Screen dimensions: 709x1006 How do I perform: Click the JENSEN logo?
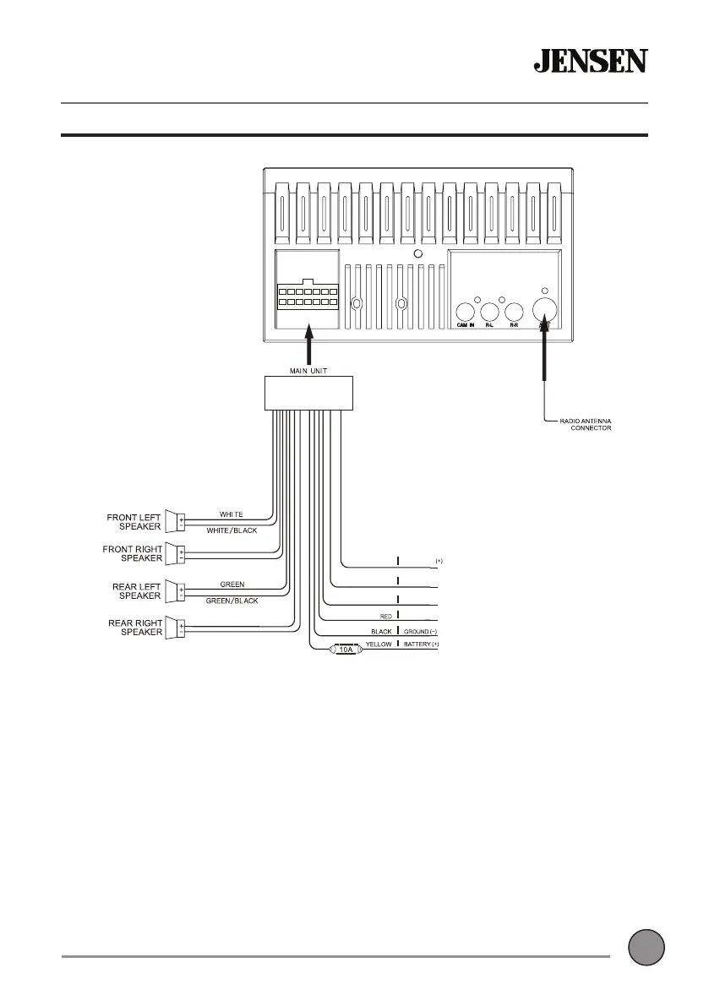click(x=590, y=61)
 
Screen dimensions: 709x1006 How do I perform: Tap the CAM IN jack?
click(x=465, y=313)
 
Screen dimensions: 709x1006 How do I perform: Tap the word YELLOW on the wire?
click(x=378, y=644)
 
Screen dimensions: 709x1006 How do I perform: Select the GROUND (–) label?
click(x=419, y=631)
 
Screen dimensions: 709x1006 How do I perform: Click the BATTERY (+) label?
click(x=422, y=644)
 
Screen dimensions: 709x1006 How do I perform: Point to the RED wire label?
click(x=384, y=617)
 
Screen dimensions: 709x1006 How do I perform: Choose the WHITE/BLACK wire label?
click(x=232, y=530)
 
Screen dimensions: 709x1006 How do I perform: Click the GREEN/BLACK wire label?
click(x=232, y=601)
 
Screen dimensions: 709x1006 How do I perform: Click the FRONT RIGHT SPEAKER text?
click(x=132, y=553)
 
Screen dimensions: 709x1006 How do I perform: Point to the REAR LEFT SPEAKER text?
click(x=136, y=590)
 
